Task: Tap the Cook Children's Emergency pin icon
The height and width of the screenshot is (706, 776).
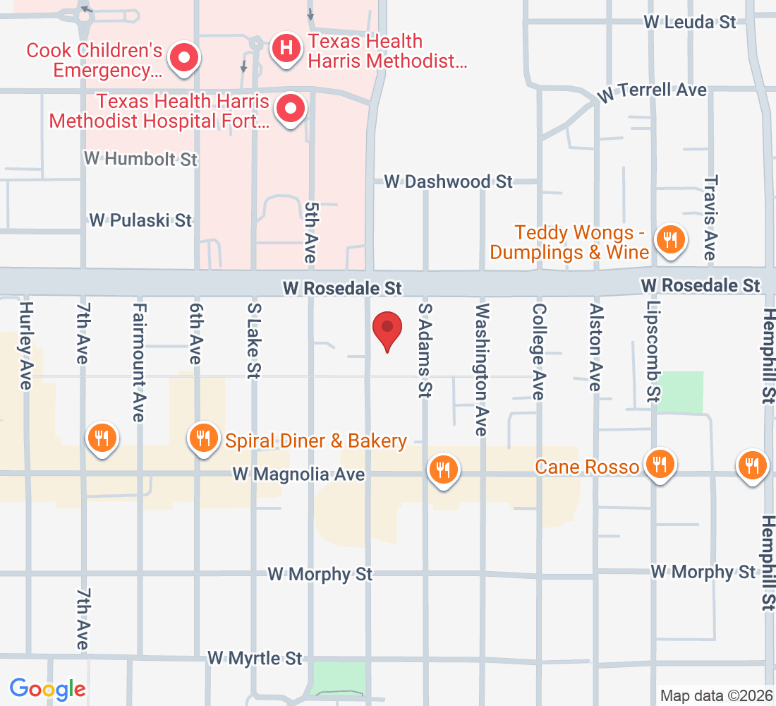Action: point(184,56)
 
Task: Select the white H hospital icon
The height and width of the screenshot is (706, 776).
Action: point(286,48)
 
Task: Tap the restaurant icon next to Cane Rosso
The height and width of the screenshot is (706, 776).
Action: point(660,463)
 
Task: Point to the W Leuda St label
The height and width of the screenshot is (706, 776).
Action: point(690,22)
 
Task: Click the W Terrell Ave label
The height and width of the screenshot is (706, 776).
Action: point(651,91)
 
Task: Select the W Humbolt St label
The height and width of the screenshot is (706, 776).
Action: point(140,158)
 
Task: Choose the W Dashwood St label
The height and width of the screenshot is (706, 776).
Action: point(448,181)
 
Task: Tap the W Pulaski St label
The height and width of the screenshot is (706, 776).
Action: point(140,220)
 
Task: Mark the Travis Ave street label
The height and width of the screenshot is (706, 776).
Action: point(710,217)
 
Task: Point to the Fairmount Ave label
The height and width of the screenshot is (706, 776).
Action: point(139,362)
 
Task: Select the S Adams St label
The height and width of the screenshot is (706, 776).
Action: point(424,351)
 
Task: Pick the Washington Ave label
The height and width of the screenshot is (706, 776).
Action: point(482,369)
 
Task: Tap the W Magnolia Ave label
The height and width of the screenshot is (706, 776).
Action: point(298,474)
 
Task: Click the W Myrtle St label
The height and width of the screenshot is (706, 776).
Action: point(255,658)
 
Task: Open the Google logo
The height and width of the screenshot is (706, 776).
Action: point(48,688)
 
